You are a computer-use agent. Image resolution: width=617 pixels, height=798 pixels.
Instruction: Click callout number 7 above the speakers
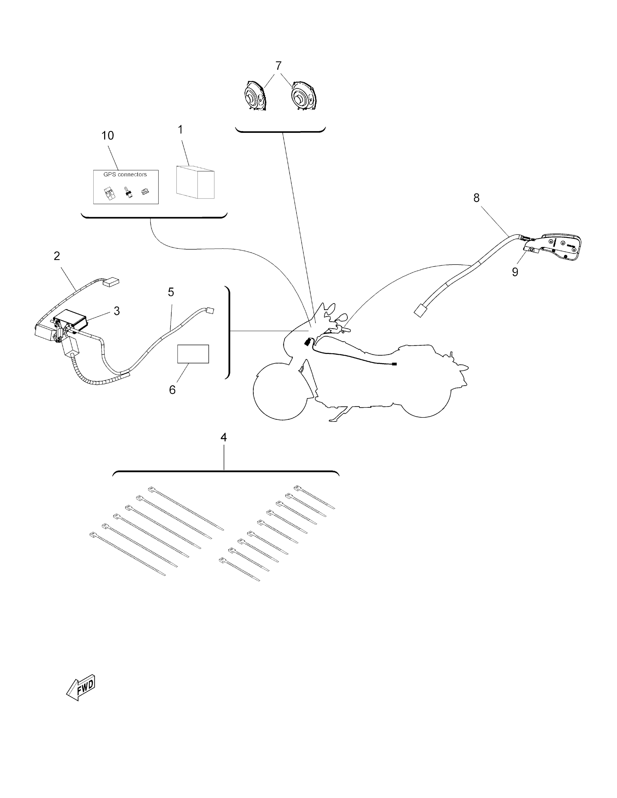278,66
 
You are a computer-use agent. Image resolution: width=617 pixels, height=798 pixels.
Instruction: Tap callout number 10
107,135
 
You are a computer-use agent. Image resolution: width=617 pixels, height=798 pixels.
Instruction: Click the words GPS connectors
125,175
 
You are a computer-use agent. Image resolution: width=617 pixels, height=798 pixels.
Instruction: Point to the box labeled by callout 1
195,182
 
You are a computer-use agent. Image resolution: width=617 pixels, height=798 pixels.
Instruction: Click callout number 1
180,130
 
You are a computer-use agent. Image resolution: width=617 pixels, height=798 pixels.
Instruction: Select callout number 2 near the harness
57,256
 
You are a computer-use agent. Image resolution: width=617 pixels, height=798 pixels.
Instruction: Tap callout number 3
117,311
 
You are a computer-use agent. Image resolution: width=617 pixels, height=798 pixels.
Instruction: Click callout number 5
171,292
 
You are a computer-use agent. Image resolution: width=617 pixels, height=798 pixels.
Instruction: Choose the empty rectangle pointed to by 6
193,354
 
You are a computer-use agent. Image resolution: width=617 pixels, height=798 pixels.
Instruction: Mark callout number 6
172,390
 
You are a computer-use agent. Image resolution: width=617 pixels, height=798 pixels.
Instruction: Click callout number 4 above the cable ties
224,437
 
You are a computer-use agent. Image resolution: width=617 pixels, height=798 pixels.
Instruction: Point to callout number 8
476,198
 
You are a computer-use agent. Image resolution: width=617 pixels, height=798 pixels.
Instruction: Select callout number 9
515,272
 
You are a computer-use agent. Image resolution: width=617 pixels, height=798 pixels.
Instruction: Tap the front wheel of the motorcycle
279,391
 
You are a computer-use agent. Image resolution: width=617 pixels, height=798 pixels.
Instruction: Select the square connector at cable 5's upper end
210,311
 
